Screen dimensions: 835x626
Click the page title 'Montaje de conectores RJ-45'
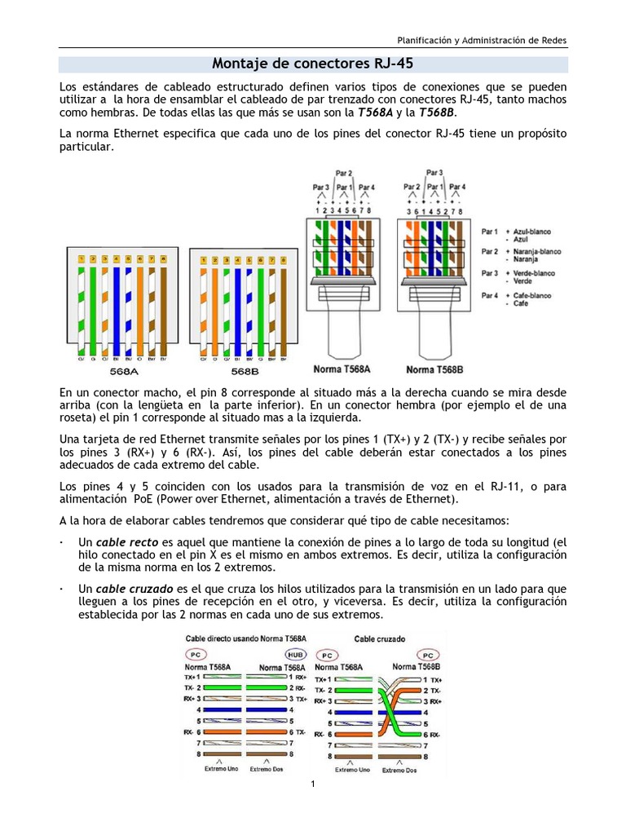click(x=313, y=64)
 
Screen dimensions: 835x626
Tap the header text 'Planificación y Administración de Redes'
click(x=482, y=39)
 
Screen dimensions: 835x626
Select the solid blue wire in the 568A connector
click(x=117, y=306)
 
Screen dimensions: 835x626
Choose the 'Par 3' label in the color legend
click(x=492, y=273)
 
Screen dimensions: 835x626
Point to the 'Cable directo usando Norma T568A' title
click(x=246, y=638)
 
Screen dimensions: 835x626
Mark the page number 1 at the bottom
click(x=313, y=784)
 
